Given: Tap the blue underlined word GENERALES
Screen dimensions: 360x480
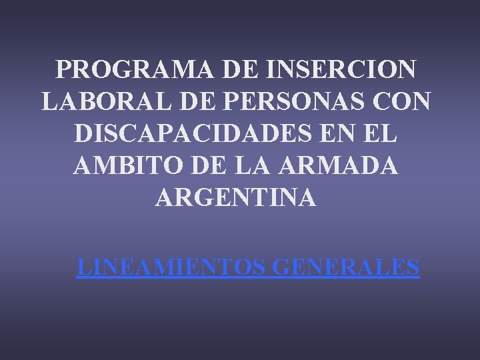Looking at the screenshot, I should point(346,267).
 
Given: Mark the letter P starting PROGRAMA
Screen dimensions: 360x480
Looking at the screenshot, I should point(64,69).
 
